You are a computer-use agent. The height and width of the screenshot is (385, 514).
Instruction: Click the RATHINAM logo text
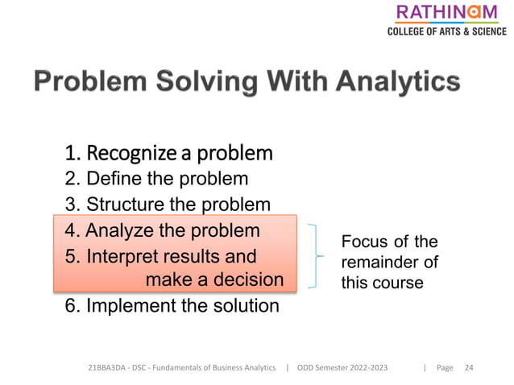point(446,13)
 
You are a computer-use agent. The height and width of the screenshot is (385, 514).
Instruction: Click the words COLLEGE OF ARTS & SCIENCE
point(446,31)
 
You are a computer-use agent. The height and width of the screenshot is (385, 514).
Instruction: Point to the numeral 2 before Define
point(68,178)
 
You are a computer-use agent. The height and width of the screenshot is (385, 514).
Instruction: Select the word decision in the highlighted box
point(246,279)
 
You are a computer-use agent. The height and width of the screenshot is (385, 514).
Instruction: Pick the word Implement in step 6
point(127,306)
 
